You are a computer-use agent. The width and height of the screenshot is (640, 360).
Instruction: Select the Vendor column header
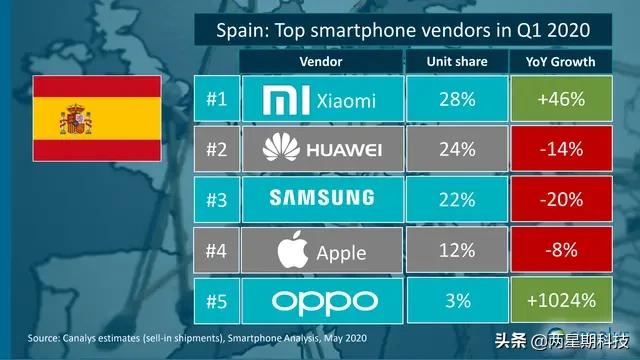[321, 61]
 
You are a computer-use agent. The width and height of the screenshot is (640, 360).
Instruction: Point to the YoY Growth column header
[560, 61]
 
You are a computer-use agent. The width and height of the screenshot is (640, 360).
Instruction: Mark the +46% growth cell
[560, 100]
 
